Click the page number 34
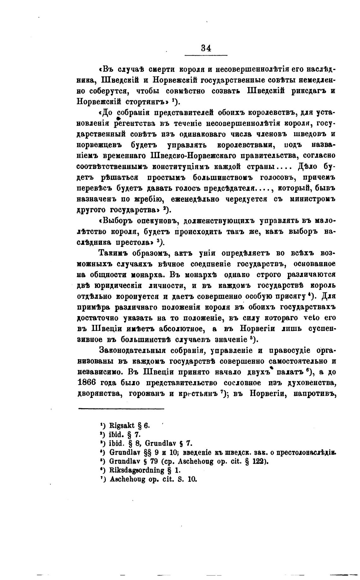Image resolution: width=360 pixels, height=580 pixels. click(x=206, y=48)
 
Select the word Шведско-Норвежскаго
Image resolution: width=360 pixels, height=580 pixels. click(x=193, y=156)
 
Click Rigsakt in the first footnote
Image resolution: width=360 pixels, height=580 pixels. click(x=120, y=425)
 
